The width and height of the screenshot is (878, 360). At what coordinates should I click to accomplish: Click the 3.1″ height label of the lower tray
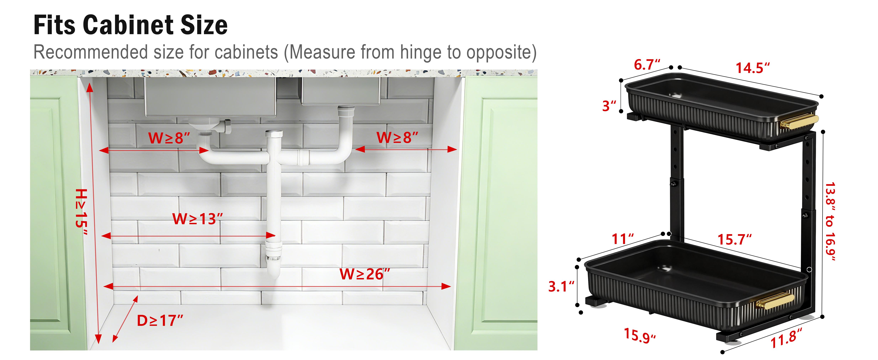561,286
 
